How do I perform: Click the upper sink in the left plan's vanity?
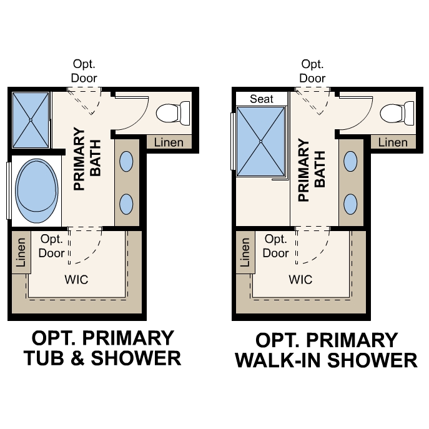126,162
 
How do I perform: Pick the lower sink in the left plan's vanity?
126,203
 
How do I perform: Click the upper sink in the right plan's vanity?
350,162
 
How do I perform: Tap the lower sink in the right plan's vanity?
350,203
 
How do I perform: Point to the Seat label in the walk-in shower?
261,99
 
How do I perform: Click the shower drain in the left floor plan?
30,119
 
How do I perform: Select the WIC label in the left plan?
76,279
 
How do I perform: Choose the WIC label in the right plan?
300,279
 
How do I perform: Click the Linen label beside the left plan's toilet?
169,142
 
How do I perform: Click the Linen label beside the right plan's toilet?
393,142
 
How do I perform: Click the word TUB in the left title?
44,358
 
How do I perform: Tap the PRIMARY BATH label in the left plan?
87,159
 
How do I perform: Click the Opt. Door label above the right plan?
312,71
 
